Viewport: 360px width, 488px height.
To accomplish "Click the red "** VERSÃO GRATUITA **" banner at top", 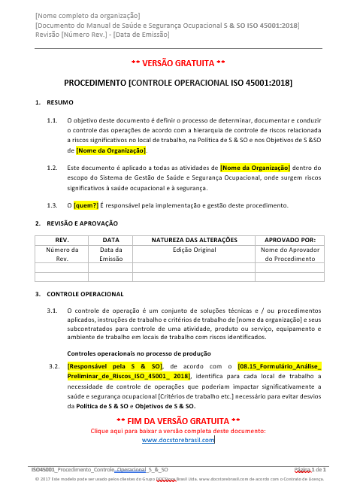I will click(179, 62).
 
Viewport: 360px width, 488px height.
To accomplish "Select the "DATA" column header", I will click(111, 240).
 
